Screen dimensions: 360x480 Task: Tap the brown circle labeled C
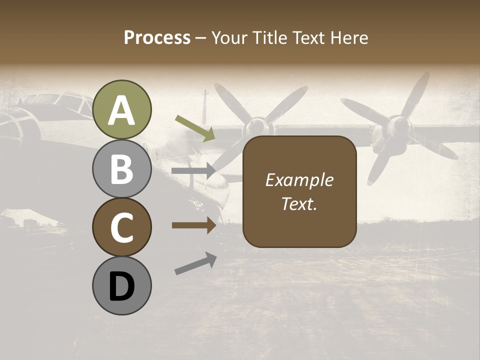[x=122, y=227]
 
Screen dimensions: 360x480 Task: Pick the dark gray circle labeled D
[x=122, y=286]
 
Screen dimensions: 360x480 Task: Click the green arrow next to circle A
[x=195, y=128]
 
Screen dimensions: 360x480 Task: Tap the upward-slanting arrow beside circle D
[x=195, y=263]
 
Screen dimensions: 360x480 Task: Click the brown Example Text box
[x=299, y=191]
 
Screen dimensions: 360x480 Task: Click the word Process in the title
[x=157, y=37]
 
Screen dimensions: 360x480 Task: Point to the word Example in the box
[x=299, y=180]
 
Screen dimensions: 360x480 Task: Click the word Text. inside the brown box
[x=299, y=203]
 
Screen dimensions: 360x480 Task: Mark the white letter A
[x=122, y=110]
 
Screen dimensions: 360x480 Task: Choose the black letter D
[x=122, y=287]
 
